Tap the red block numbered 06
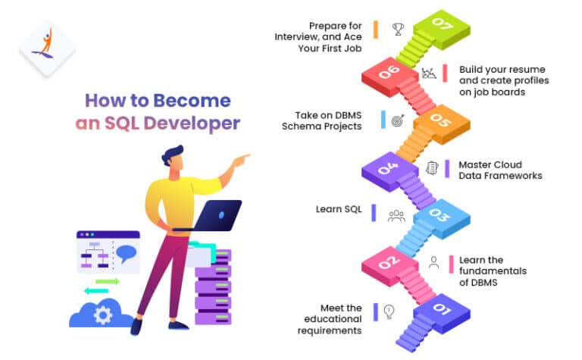390,72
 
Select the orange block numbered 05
439,120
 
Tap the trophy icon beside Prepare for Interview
398,30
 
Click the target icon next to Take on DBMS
398,119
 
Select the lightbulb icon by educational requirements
389,311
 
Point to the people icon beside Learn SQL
396,215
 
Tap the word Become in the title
192,100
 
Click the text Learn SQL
339,208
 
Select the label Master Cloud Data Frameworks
496,170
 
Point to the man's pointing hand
241,159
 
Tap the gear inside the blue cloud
102,312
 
